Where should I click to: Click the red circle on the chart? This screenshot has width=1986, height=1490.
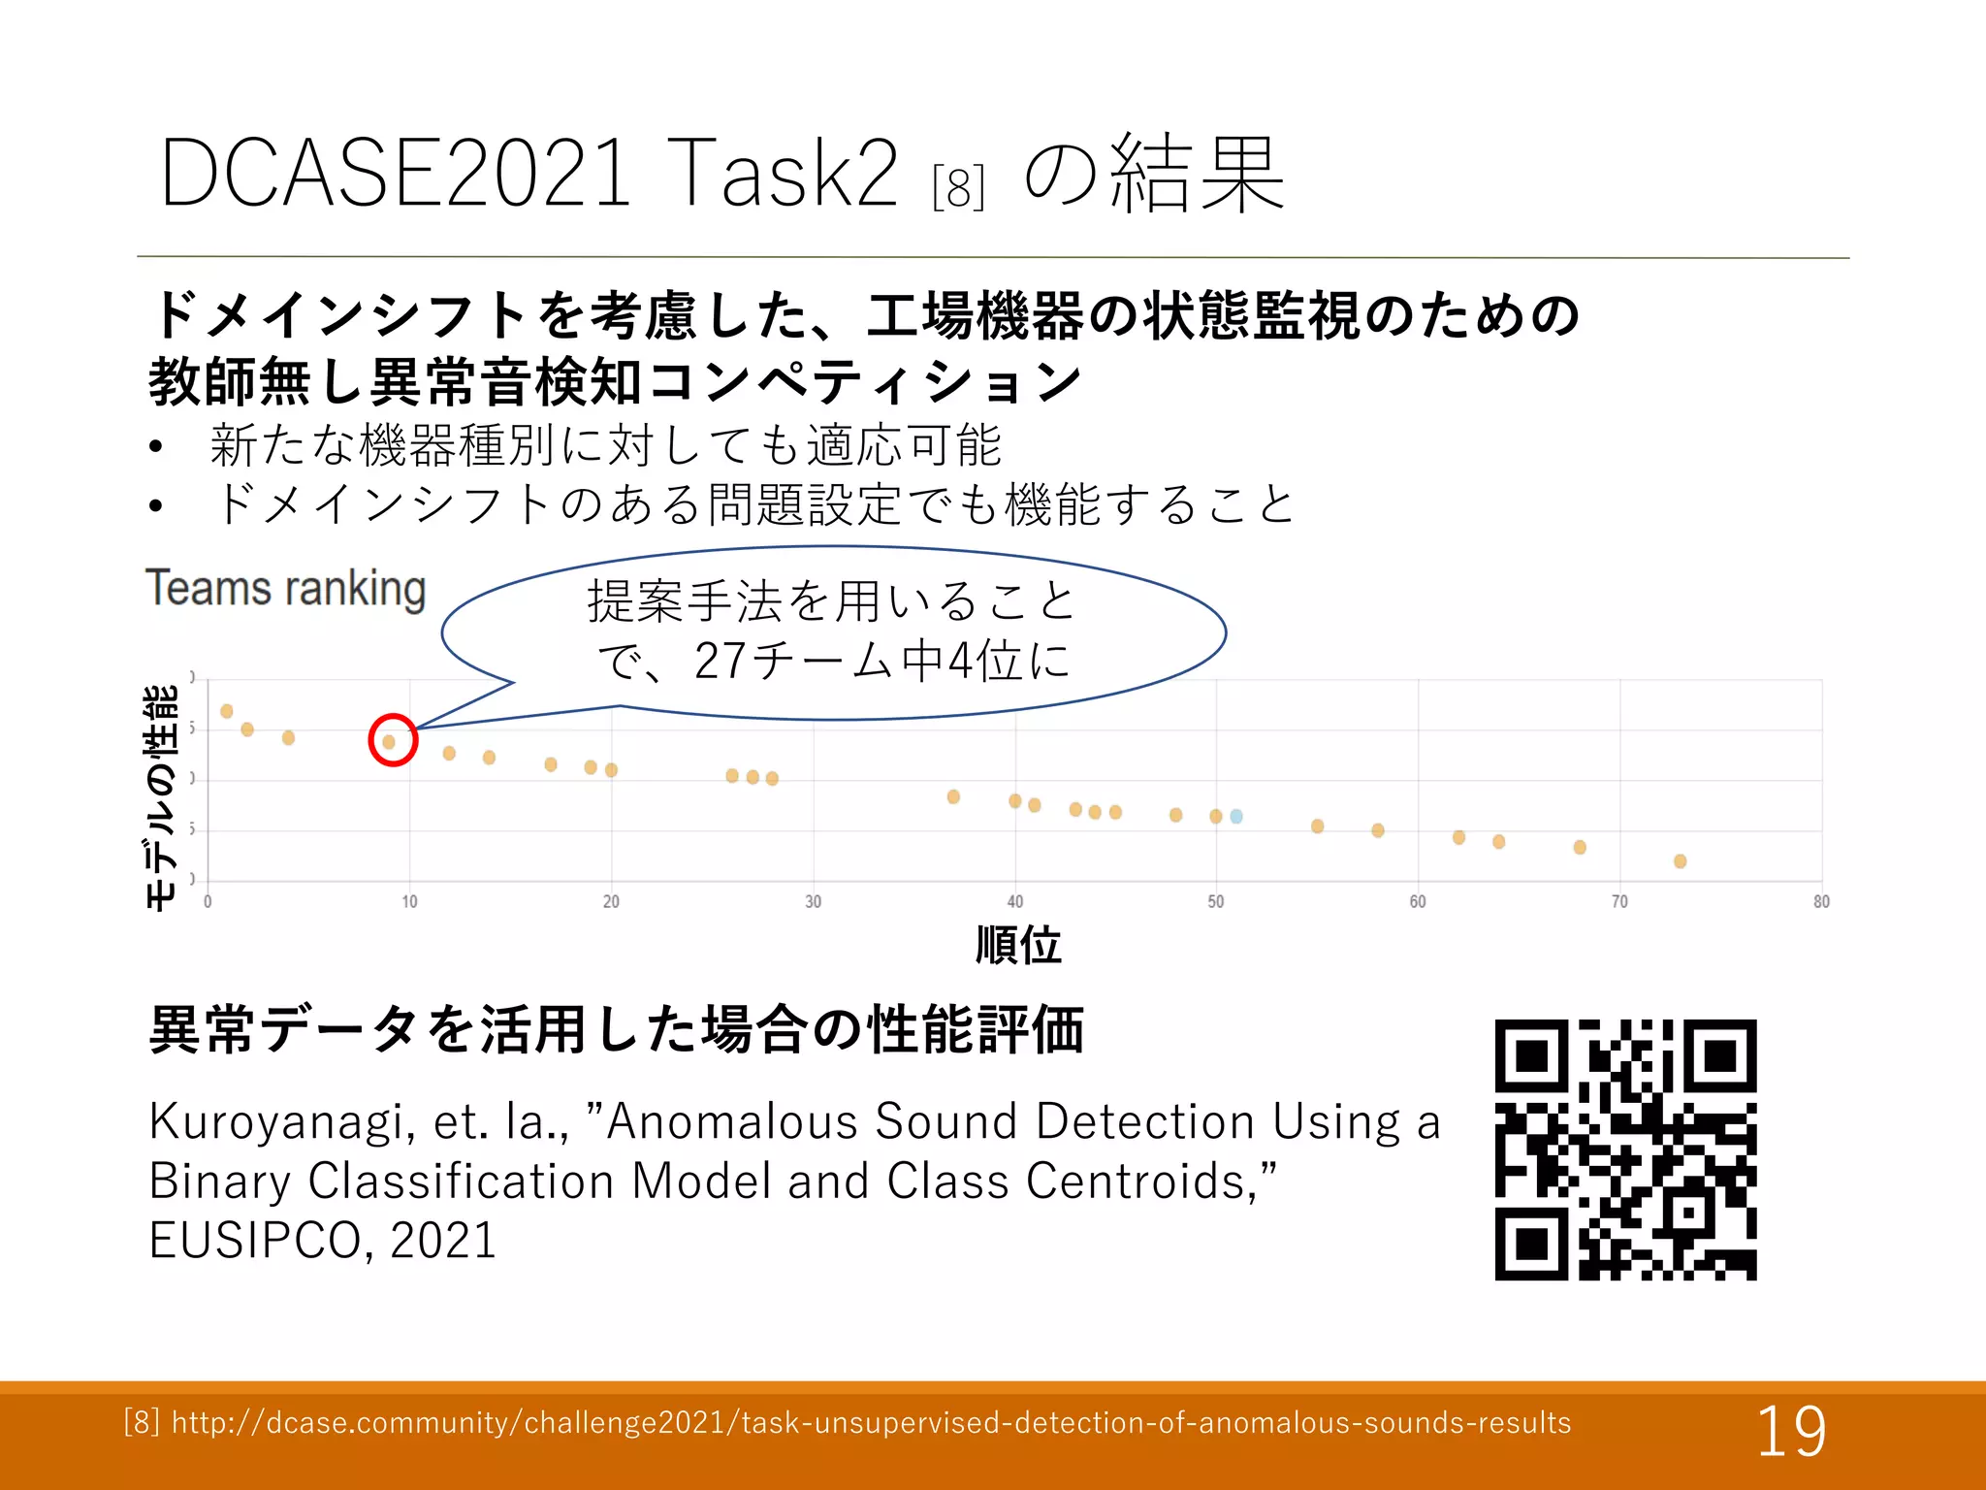click(x=393, y=740)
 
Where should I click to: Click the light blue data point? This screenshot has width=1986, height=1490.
click(x=1236, y=816)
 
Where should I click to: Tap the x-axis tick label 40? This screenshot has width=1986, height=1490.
click(x=1014, y=901)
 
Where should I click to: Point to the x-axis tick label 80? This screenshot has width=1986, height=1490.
click(x=1821, y=901)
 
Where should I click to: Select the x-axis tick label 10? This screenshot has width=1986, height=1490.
click(x=409, y=901)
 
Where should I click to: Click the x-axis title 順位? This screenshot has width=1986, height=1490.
click(x=1018, y=944)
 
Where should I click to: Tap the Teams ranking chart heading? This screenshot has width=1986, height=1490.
click(x=286, y=589)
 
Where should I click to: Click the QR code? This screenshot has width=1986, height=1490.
click(x=1625, y=1150)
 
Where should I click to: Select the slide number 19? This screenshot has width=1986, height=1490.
click(x=1791, y=1431)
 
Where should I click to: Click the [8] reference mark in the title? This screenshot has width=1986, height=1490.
click(x=958, y=187)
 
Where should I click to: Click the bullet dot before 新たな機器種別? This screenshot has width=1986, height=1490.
click(x=156, y=447)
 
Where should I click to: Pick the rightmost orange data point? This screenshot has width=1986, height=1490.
click(x=1681, y=861)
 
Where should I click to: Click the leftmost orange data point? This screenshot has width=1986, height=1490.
click(x=227, y=711)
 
